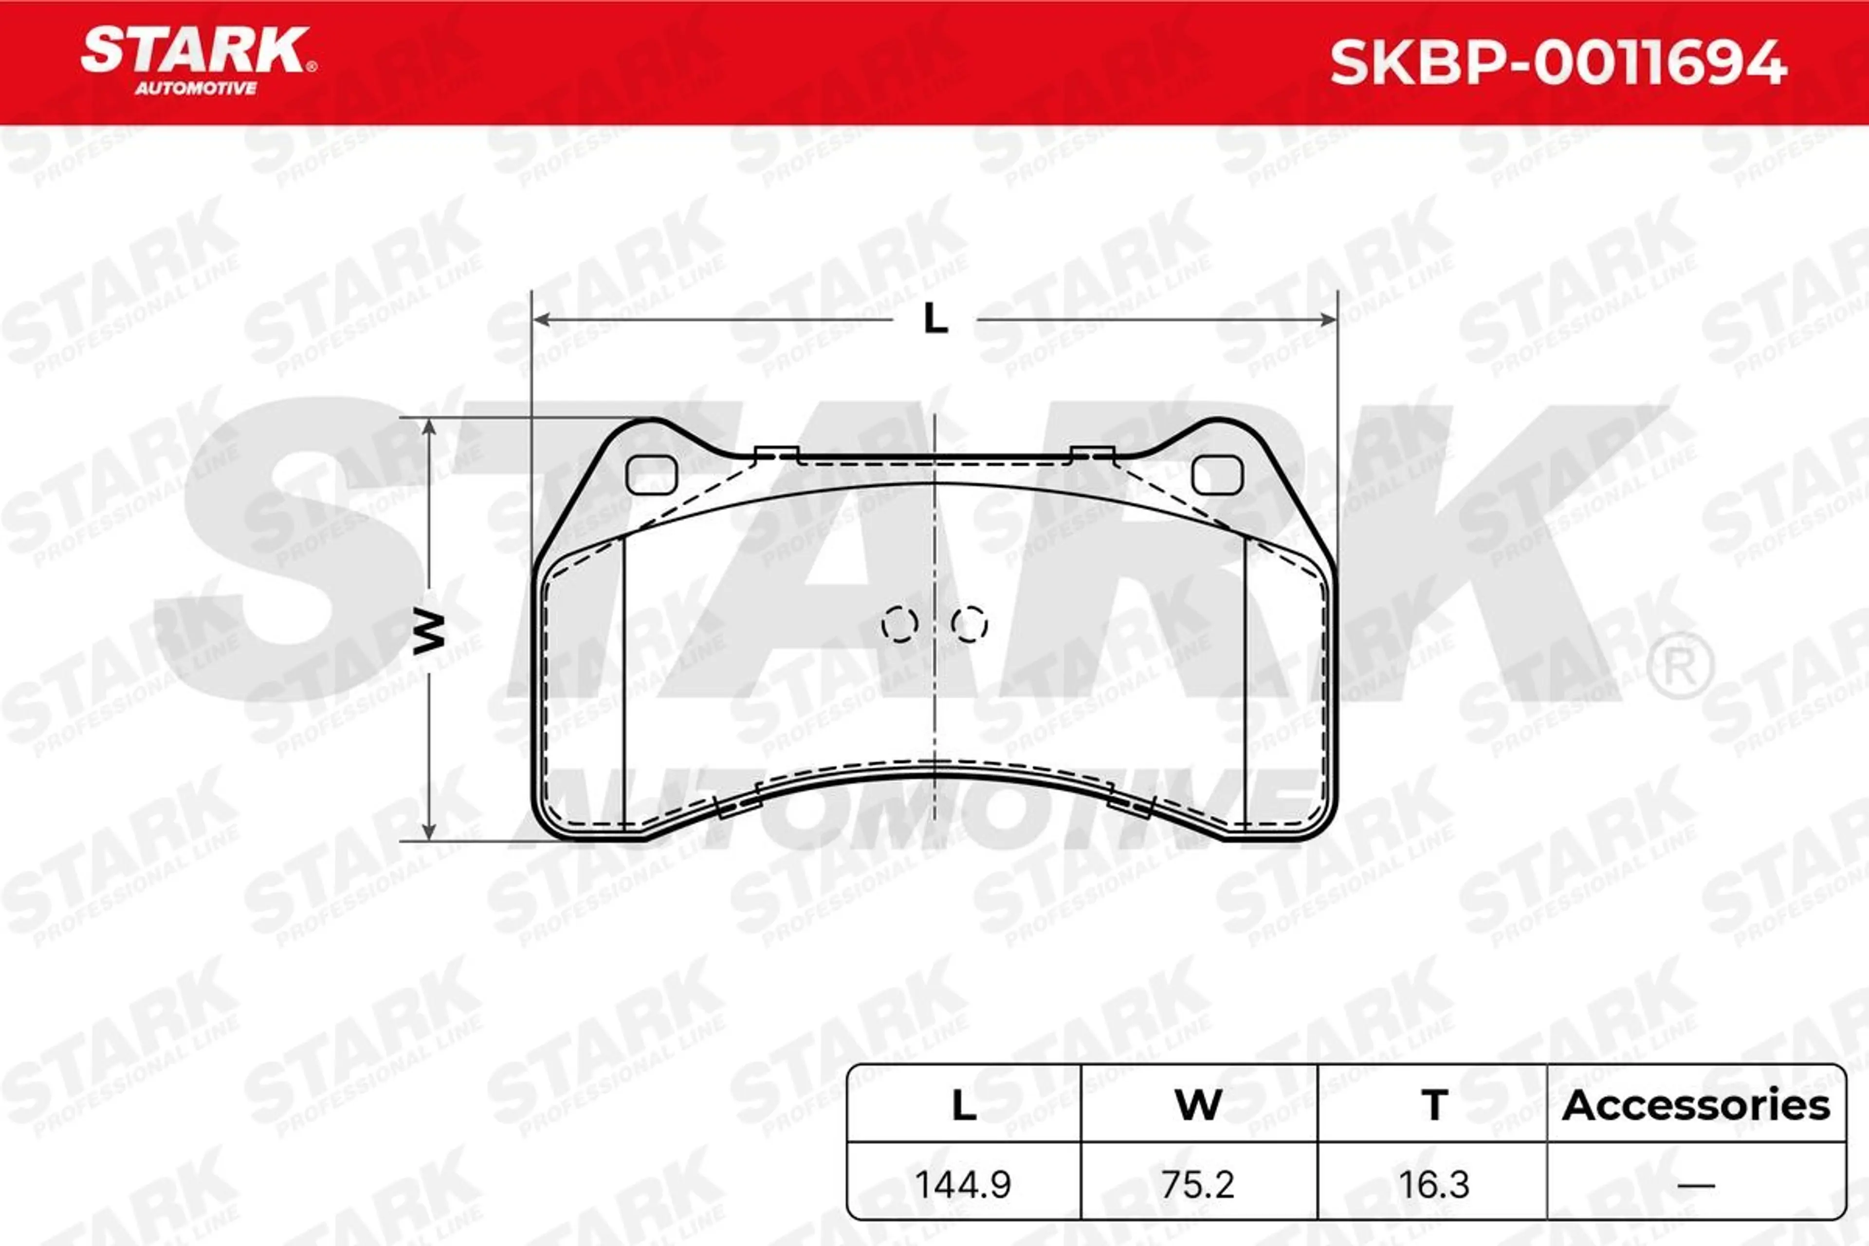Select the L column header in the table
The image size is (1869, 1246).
964,1105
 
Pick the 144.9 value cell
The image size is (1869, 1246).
963,1185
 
